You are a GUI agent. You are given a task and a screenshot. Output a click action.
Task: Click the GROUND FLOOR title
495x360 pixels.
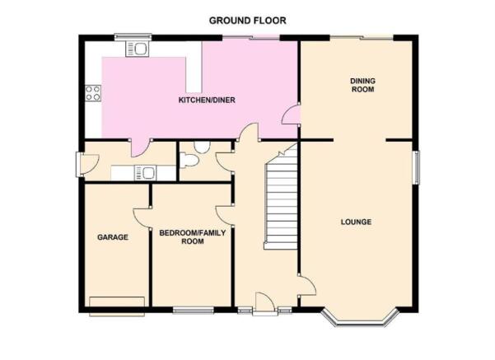tap(247, 21)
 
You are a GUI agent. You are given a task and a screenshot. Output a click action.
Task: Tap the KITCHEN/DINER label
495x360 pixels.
tap(207, 101)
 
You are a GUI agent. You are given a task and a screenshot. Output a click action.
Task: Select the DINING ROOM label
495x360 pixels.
tap(362, 85)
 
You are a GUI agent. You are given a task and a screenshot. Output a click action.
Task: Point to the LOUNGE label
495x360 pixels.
tap(356, 222)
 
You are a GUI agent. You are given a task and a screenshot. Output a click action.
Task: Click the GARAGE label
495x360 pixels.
tap(113, 237)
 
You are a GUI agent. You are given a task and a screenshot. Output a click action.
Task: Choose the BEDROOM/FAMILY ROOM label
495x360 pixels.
tap(193, 237)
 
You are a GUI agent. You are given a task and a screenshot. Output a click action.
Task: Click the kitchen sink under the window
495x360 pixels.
tap(137, 49)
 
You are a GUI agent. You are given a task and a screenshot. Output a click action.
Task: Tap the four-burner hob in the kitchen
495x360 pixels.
tap(93, 93)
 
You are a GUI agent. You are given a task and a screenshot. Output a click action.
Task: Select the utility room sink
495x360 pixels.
tap(145, 173)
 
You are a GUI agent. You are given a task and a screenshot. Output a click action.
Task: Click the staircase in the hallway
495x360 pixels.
tap(281, 198)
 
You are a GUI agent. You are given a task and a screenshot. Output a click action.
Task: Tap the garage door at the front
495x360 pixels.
tap(117, 306)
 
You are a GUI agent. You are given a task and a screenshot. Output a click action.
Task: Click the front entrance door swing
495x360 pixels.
tap(264, 304)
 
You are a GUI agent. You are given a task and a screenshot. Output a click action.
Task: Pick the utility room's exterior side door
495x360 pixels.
tap(87, 164)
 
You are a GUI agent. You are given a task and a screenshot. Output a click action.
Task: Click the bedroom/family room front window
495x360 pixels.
tap(194, 311)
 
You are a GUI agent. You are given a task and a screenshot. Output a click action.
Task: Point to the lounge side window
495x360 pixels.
tap(417, 167)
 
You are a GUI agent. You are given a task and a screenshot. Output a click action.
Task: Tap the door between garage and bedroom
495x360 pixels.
tap(142, 217)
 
